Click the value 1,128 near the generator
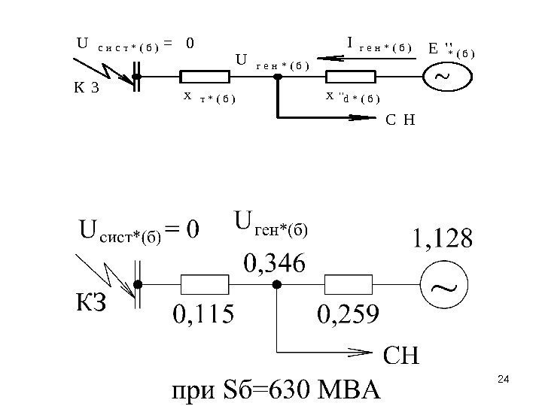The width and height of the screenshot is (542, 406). [441, 241]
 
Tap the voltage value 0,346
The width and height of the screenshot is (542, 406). [274, 263]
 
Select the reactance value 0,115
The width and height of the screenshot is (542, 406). [204, 312]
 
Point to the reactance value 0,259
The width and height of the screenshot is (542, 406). [349, 312]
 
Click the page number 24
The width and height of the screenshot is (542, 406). [503, 383]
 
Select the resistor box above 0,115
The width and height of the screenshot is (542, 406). [205, 285]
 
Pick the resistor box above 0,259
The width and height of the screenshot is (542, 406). [349, 285]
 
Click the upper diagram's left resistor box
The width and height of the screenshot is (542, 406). [204, 76]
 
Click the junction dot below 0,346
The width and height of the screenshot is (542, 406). [276, 285]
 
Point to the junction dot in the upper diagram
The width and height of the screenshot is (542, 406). [279, 76]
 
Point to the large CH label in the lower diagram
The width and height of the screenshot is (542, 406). [403, 356]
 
